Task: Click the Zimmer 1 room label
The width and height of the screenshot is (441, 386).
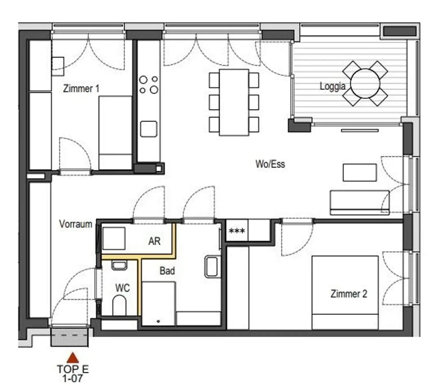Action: point(81,89)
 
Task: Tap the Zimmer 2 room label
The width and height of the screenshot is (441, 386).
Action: point(349,294)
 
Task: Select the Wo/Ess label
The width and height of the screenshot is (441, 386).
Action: point(270,164)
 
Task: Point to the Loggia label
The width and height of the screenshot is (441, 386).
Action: point(332,86)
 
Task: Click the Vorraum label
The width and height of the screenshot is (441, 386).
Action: point(76,224)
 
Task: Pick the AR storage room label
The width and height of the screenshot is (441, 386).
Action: point(154,241)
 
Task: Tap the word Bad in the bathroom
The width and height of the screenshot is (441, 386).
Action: point(167,271)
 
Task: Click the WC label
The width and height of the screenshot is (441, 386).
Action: point(122,288)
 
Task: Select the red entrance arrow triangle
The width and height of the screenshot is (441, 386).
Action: point(73,358)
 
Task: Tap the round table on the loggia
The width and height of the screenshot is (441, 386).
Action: point(365,83)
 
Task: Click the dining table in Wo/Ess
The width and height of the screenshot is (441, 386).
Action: point(234,102)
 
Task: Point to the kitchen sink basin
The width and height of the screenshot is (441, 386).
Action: point(148,129)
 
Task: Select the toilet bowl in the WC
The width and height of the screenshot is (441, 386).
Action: point(119,305)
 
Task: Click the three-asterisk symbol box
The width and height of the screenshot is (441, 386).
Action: point(237,231)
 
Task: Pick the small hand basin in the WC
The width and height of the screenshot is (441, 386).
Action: point(119,265)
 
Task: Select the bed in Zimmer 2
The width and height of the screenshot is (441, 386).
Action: point(345,293)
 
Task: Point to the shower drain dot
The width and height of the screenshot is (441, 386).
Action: point(158,322)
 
